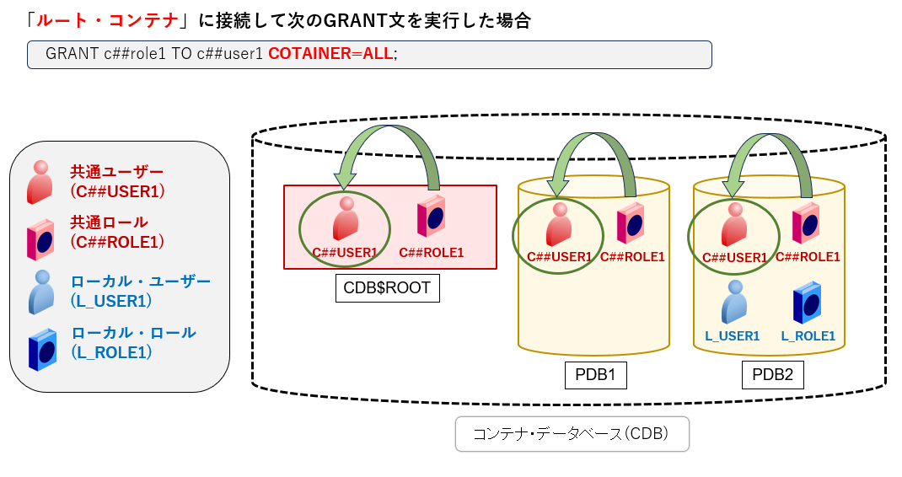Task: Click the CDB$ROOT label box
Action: point(387,287)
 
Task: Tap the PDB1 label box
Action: point(595,374)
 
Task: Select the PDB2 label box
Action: point(772,374)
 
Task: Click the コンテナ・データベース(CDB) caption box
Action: point(572,435)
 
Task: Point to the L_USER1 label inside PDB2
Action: point(732,336)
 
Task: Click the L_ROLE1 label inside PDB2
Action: point(808,336)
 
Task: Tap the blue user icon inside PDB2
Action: point(733,303)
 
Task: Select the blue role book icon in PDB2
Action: point(808,303)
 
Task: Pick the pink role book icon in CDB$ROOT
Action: point(432,216)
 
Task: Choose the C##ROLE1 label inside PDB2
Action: point(808,257)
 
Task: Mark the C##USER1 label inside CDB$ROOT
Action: point(345,252)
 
